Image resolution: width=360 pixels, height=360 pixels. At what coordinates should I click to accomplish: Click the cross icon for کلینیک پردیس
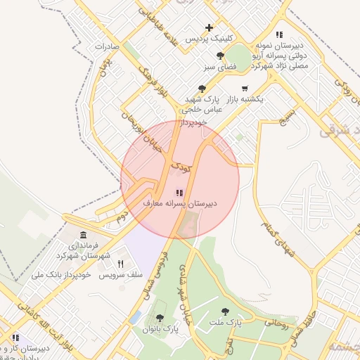click(x=209, y=28)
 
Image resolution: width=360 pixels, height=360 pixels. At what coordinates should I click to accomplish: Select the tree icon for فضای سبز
click(x=221, y=56)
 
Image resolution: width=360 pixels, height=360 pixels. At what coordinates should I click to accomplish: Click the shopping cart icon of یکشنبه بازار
click(x=244, y=89)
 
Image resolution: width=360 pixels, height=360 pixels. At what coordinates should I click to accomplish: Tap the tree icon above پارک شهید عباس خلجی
click(x=202, y=89)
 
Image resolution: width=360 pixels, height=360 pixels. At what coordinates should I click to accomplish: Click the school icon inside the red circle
click(x=180, y=192)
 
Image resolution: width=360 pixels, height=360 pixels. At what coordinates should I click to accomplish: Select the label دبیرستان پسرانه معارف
click(x=180, y=203)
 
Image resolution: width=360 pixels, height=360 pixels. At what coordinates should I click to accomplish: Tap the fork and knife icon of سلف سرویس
click(x=120, y=264)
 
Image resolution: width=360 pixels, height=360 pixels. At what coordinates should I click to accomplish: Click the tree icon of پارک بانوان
click(x=161, y=318)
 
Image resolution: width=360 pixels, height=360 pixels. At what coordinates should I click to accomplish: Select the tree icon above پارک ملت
click(x=225, y=311)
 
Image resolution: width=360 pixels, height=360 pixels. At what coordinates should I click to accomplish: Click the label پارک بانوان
click(x=161, y=328)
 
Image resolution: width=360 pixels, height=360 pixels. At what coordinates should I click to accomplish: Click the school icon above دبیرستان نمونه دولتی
click(x=279, y=34)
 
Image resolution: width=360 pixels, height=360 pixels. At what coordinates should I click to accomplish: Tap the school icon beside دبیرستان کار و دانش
click(x=15, y=338)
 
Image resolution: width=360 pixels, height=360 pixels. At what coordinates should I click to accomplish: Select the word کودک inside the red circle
click(x=181, y=167)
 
